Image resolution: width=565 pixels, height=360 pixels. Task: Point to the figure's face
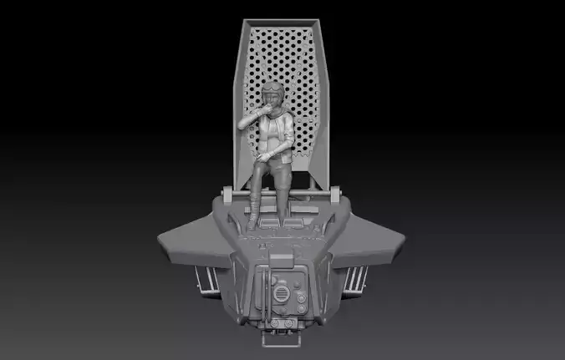tap(277, 99)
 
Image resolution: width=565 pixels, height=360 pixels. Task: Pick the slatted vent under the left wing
tap(208, 279)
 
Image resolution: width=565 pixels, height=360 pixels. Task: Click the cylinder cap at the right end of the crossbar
tap(336, 195)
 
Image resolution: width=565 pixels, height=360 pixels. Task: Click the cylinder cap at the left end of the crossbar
tap(227, 195)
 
